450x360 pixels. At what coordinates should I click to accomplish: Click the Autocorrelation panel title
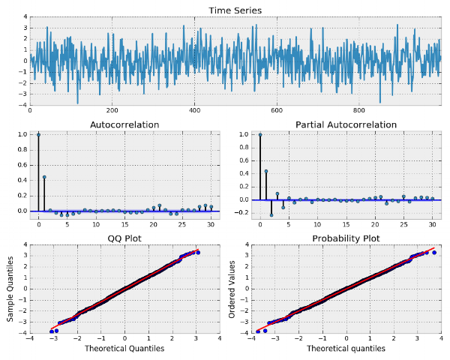tap(124, 124)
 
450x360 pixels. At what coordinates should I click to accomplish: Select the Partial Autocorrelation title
tap(346, 124)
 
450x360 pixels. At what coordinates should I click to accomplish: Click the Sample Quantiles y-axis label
tap(10, 289)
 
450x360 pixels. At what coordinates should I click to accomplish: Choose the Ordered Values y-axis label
tap(232, 289)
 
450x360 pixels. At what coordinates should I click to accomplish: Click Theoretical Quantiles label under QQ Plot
tap(124, 349)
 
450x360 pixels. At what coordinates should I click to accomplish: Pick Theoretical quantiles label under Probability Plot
tap(346, 349)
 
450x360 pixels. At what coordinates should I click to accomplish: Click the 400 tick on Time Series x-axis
tap(194, 110)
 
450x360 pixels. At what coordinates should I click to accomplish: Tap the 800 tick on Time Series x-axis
tap(359, 110)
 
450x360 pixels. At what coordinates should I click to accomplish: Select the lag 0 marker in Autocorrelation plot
tap(38, 135)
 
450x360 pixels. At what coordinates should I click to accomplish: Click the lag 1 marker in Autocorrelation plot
tap(44, 177)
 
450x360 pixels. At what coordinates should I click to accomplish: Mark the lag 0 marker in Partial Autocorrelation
tap(259, 135)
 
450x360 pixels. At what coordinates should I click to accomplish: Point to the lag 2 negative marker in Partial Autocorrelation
tap(271, 214)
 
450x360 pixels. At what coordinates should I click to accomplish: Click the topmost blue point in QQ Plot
tap(197, 253)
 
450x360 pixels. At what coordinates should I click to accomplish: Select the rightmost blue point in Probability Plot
tap(434, 253)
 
